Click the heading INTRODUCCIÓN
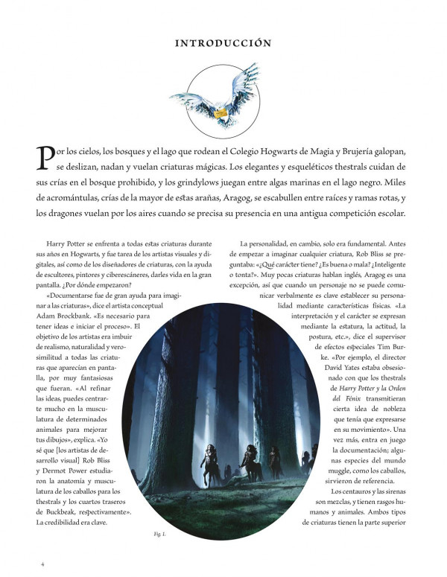[223, 43]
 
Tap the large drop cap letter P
[45, 157]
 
